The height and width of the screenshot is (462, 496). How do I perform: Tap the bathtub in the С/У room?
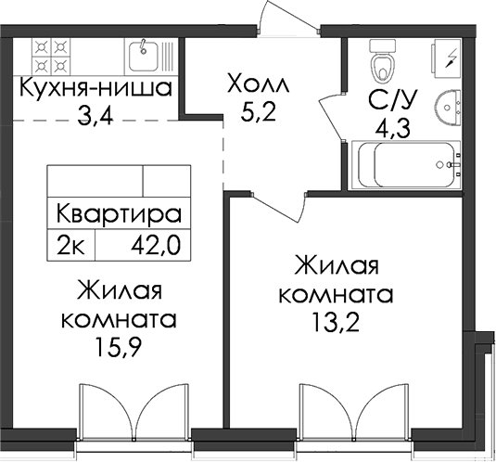[406, 165]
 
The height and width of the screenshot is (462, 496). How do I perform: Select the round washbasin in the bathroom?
[448, 108]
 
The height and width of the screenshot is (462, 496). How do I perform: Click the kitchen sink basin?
[144, 57]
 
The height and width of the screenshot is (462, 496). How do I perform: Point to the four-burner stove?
[51, 57]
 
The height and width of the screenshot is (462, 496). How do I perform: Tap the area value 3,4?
[95, 116]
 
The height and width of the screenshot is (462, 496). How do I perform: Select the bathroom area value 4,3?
[392, 127]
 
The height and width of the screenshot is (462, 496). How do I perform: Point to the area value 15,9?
[119, 347]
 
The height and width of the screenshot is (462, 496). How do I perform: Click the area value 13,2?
[336, 321]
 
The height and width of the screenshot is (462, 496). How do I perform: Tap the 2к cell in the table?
[70, 245]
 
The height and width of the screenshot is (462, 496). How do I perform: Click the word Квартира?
[119, 213]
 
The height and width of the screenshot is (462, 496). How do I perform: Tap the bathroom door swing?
[332, 118]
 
